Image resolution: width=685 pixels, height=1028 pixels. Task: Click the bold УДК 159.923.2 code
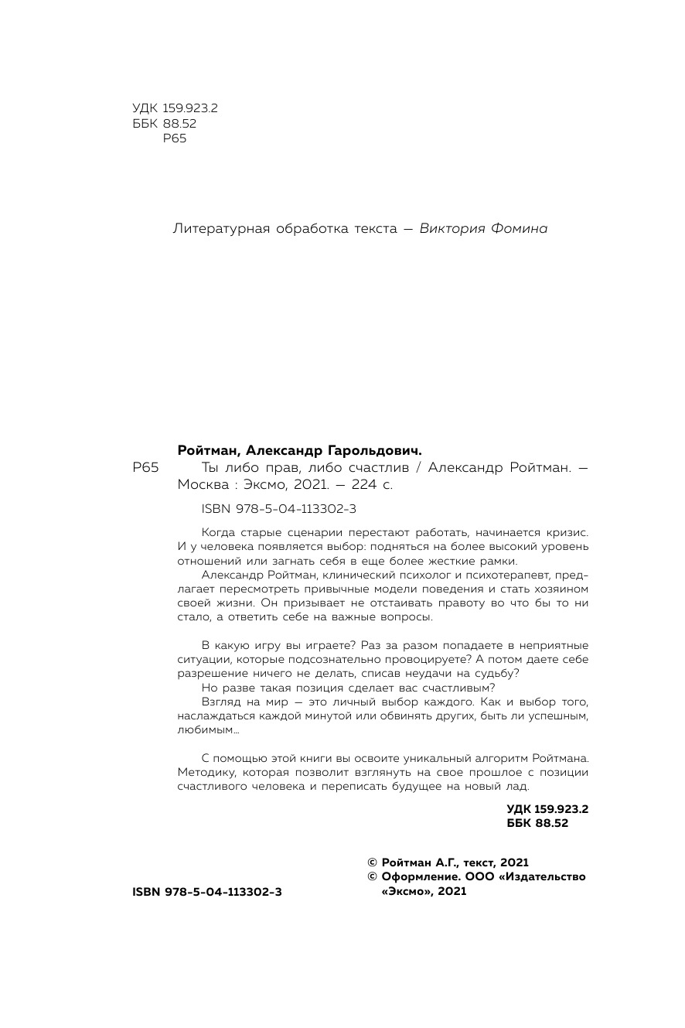click(547, 808)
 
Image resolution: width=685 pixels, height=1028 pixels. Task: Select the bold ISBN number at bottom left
click(207, 892)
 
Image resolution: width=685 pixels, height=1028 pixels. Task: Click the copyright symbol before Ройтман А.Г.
click(371, 862)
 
